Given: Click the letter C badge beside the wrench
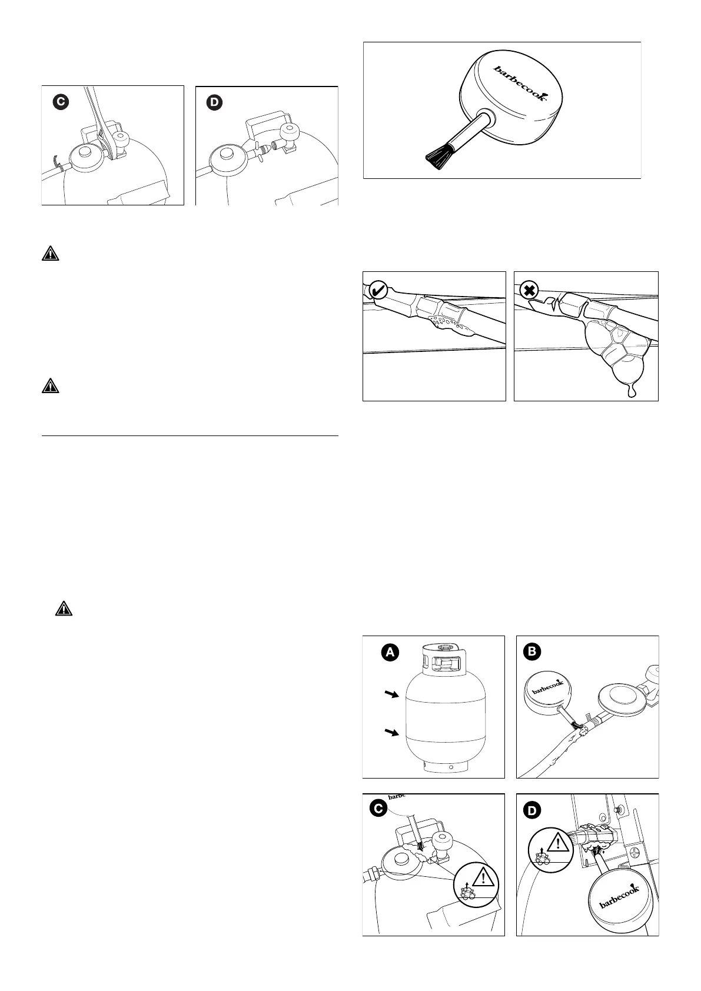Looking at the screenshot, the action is click(60, 102).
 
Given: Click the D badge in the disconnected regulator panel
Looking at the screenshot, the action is click(214, 102).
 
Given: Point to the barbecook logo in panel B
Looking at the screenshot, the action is click(545, 686).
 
